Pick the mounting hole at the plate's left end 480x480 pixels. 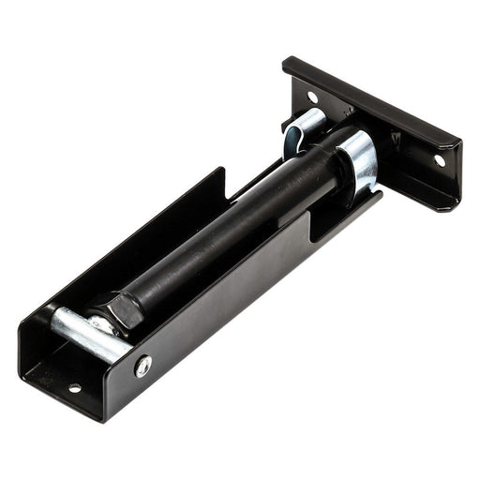pos(312,97)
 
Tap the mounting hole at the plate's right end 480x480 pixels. pos(439,160)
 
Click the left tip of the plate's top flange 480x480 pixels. pos(287,63)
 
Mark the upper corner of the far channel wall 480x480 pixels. pos(222,171)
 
